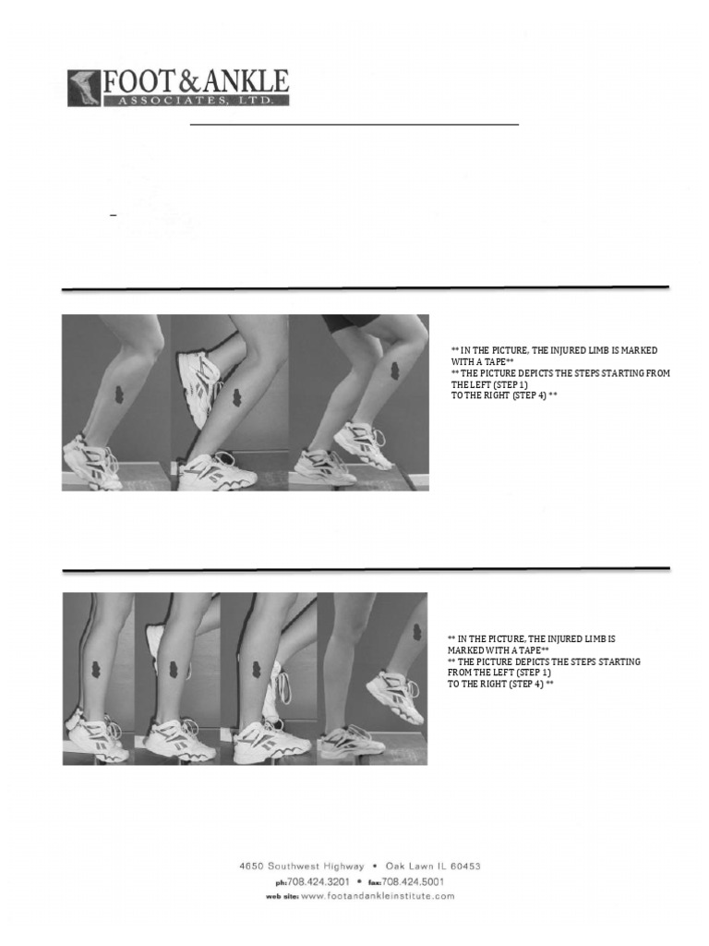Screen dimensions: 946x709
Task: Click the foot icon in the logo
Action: tap(84, 88)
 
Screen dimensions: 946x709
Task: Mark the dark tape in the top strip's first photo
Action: tap(119, 394)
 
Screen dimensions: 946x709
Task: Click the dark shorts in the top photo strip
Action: tap(350, 321)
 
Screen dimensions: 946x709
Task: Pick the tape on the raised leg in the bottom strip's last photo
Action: tap(417, 634)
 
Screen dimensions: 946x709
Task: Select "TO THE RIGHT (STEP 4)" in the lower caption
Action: tap(500, 685)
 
